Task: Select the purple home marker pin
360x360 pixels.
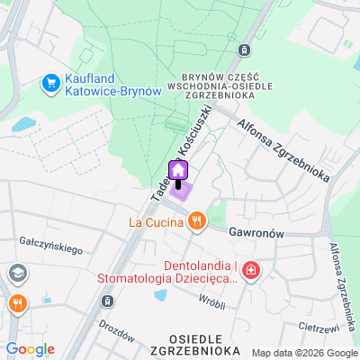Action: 178,170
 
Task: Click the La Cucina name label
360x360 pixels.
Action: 157,220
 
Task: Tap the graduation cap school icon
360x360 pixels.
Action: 17,273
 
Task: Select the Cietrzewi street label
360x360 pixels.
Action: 320,327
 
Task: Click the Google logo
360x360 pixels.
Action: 30,349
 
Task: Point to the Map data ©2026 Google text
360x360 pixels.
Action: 303,353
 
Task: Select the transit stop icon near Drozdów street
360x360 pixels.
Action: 108,301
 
